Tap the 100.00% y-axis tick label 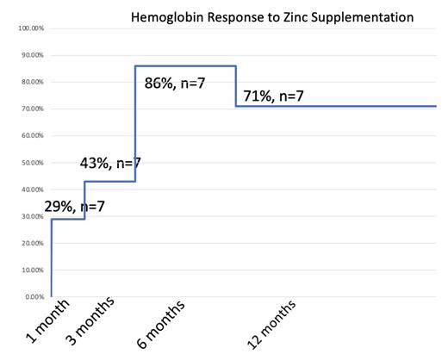[30, 28]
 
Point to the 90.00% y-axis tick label [32, 55]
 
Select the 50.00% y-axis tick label [32, 163]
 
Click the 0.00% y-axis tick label [34, 297]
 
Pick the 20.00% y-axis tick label [32, 244]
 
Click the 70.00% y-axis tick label [32, 109]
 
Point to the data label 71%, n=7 [273, 95]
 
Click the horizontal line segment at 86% [185, 66]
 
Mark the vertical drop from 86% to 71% [235, 86]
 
